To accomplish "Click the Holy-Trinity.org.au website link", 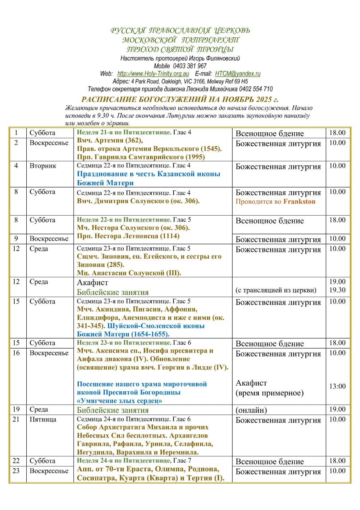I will coord(153,74).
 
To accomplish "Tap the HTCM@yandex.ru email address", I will coord(238,74).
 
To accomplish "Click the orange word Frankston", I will coord(299,201).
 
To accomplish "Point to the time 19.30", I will coord(338,290).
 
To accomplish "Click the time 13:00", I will coord(338,386).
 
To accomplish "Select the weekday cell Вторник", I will coord(40,166).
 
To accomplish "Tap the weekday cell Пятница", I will coord(43,419).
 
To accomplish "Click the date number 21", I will coord(16,419).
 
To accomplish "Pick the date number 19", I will coord(16,409).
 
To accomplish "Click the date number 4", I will coord(16,166).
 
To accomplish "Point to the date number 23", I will coord(16,471).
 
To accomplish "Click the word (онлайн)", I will coord(251,410).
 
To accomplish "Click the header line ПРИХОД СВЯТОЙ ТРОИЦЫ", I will coord(180,49).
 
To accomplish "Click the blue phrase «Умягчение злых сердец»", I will coord(119,401).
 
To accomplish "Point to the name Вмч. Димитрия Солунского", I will coord(123,201).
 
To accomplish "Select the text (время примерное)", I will coord(269,393).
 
